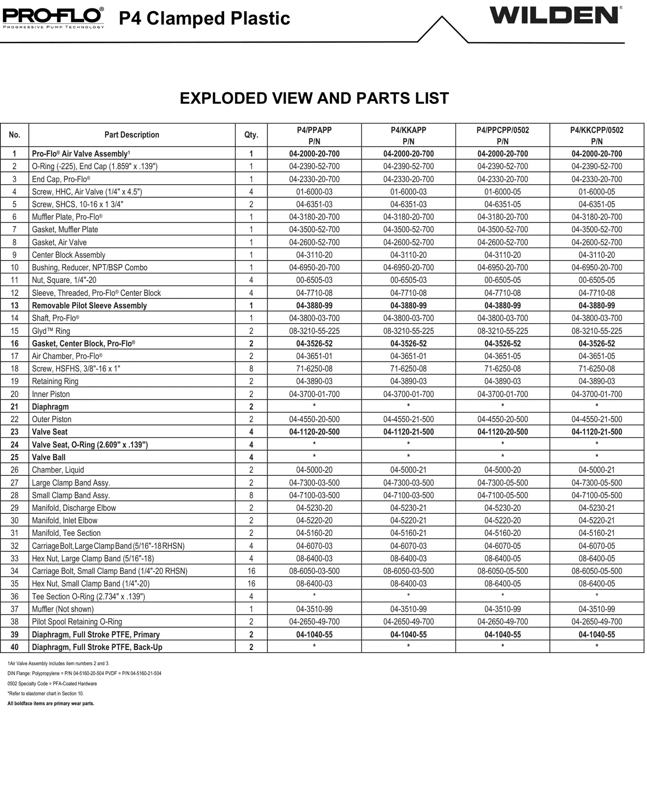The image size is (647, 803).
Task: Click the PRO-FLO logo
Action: pos(53,17)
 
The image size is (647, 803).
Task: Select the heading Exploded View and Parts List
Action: pos(314,98)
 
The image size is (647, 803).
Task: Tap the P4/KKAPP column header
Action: pos(408,135)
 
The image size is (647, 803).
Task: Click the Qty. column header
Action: pos(251,135)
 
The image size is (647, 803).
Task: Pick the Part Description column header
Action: pos(132,135)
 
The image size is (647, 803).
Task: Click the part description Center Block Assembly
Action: pos(69,255)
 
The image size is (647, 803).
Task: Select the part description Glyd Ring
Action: pos(51,331)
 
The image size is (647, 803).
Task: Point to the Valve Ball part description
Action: pos(49,457)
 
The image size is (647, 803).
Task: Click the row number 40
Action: pos(14,647)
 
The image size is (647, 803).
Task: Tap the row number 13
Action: pos(14,305)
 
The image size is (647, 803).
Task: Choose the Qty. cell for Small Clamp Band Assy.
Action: pos(251,495)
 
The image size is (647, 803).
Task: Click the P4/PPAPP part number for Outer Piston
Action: pos(314,419)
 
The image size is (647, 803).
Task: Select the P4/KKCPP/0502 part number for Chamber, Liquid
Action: pos(597,470)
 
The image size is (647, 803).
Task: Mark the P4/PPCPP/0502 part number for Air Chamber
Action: pos(503,356)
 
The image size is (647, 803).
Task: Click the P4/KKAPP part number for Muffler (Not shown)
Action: pos(408,609)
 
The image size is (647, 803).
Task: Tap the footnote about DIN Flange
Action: pos(84,673)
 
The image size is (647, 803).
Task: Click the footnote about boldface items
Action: pos(51,704)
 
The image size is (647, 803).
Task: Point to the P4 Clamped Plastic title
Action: pos(204,18)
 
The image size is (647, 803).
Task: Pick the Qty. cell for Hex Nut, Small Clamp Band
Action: pos(251,583)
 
